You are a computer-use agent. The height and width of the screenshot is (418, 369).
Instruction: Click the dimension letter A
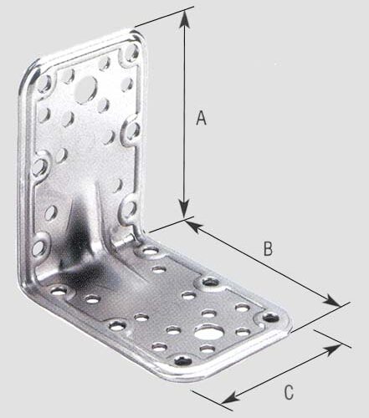point(200,119)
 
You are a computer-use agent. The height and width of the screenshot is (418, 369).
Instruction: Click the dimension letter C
point(288,390)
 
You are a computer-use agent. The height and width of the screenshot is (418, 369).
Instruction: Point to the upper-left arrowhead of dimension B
point(191,223)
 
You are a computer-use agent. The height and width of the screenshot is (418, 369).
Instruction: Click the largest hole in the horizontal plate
point(205,334)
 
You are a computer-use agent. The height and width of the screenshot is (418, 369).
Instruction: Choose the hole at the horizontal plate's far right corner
point(270,318)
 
